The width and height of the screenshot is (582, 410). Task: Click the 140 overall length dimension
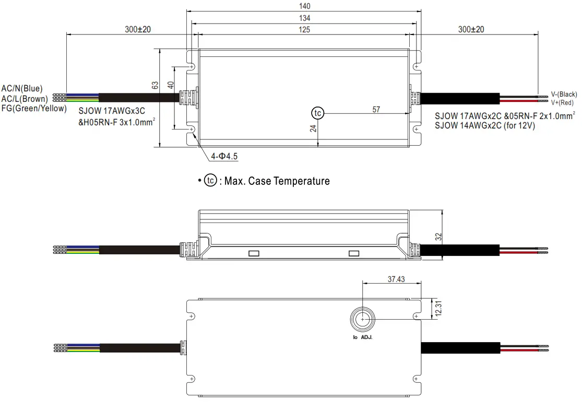(x=305, y=6)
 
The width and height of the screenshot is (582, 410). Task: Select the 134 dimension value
(x=305, y=18)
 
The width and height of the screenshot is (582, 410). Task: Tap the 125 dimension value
(x=305, y=30)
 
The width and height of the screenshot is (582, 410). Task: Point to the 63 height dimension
(x=155, y=85)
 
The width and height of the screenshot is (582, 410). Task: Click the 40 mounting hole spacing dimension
(x=170, y=85)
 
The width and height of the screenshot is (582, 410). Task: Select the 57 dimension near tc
(x=376, y=109)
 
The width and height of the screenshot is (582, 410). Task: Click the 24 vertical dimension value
(x=313, y=128)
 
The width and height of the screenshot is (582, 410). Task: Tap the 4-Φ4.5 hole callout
(x=225, y=156)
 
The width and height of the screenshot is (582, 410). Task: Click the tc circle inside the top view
(x=317, y=113)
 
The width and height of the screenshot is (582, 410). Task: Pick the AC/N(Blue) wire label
(x=22, y=89)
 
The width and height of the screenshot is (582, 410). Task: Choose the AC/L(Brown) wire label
(x=25, y=99)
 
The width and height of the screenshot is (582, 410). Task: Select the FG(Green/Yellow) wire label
(x=34, y=108)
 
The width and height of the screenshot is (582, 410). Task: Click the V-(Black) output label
(x=564, y=95)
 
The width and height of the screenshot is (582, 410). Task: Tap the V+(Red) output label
(x=562, y=103)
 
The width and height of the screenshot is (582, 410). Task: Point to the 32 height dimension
(x=438, y=237)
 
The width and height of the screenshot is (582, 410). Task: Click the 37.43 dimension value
(x=396, y=279)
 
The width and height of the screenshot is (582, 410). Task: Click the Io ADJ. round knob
(x=362, y=319)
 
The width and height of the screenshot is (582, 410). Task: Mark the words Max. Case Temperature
(x=277, y=181)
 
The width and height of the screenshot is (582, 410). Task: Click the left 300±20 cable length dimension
(x=138, y=30)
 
